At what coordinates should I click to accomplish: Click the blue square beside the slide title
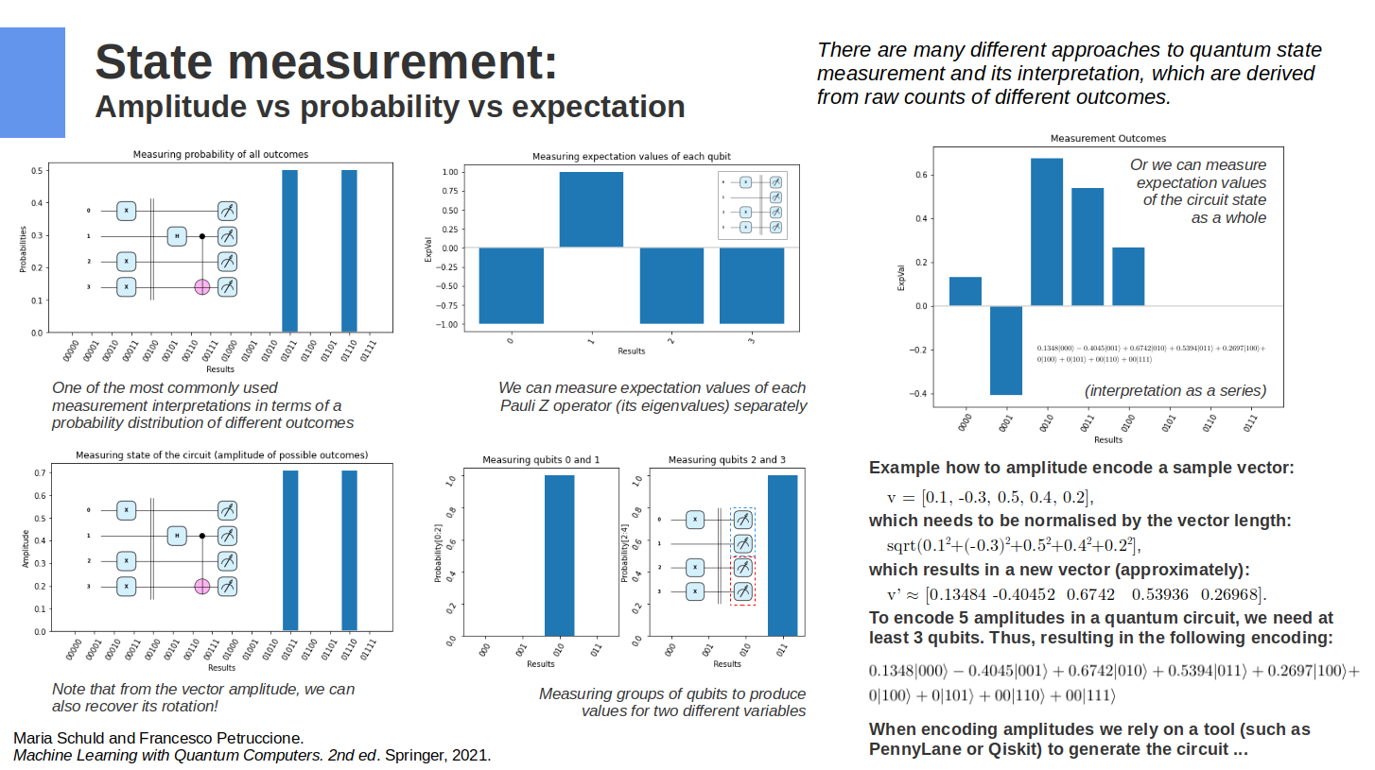pyautogui.click(x=32, y=82)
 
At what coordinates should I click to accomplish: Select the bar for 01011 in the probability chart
pyautogui.click(x=290, y=251)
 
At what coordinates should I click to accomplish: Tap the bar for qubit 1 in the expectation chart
pyautogui.click(x=591, y=210)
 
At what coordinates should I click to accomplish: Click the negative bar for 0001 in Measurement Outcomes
pyautogui.click(x=1006, y=350)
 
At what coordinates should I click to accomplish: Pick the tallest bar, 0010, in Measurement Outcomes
pyautogui.click(x=1047, y=232)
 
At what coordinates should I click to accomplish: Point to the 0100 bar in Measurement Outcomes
pyautogui.click(x=1128, y=276)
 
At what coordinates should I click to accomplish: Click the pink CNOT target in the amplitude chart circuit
pyautogui.click(x=201, y=587)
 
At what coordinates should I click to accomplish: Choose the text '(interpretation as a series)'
pyautogui.click(x=1175, y=390)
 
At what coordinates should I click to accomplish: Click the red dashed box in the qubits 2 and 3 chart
pyautogui.click(x=743, y=580)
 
